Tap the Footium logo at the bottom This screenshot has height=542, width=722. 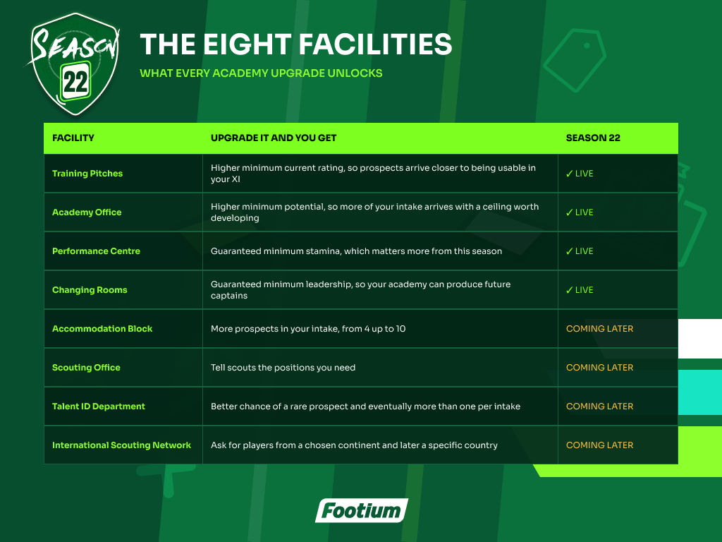click(362, 511)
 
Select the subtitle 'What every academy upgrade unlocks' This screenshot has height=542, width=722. click(261, 73)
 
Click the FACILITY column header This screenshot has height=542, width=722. click(73, 138)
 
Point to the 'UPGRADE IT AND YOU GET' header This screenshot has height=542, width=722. click(274, 138)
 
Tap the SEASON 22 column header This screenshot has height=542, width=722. click(593, 138)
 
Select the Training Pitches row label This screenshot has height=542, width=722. click(87, 174)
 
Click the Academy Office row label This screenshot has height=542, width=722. click(87, 212)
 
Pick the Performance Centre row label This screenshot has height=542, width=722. click(96, 251)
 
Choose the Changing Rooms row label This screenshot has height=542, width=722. click(90, 290)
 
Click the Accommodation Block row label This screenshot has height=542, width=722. click(102, 329)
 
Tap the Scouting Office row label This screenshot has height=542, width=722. click(86, 367)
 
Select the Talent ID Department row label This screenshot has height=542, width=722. click(99, 406)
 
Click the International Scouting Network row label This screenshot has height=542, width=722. click(121, 445)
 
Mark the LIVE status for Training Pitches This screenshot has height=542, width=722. click(580, 174)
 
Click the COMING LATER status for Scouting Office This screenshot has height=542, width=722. click(599, 367)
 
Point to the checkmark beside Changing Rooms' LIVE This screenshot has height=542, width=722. click(570, 290)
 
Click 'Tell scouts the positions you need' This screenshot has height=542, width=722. click(283, 367)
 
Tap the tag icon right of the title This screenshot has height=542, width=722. click(575, 61)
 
